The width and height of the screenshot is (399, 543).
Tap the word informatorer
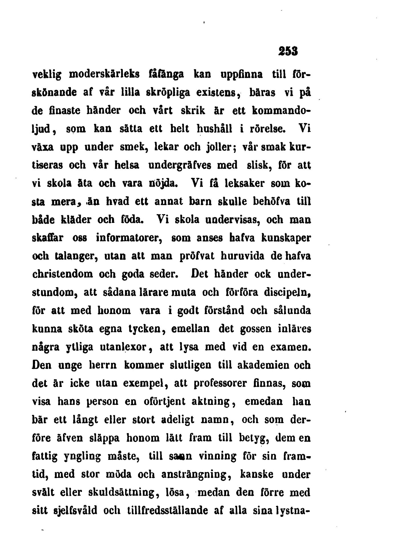click(129, 237)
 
